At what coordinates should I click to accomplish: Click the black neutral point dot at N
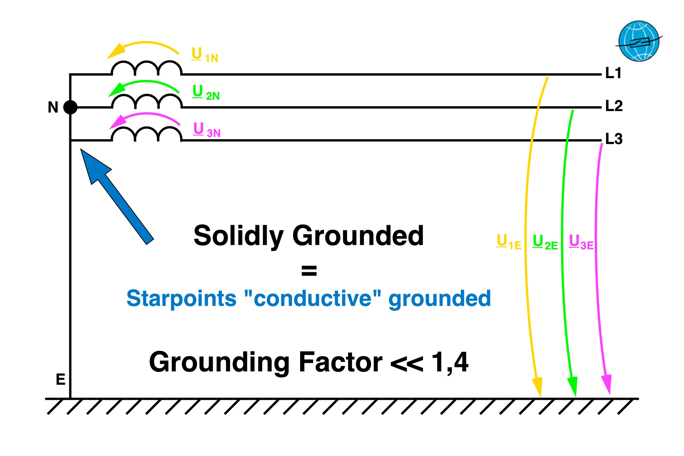coord(70,107)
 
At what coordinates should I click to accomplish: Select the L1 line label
coord(613,73)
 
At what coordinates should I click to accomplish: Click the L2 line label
coord(614,106)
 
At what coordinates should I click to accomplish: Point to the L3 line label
coord(614,139)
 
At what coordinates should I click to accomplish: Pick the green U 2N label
coord(206,92)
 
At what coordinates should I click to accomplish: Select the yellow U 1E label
coord(509,242)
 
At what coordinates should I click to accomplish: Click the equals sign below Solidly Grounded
coord(309,271)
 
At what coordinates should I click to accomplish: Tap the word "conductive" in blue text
coord(313,298)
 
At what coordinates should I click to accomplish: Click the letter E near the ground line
coord(60,380)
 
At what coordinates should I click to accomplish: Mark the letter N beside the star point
coord(53,107)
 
